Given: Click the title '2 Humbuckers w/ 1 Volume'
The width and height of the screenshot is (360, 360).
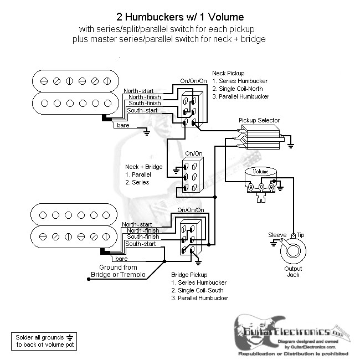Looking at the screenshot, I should coord(179,17).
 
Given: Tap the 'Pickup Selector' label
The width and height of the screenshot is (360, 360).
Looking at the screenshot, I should coord(259,120).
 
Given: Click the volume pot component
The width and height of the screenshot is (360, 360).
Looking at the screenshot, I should coord(261,180).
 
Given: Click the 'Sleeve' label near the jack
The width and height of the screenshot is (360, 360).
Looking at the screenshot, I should coord(277,235).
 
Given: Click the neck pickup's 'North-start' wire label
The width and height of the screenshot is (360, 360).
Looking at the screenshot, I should coord(139,91).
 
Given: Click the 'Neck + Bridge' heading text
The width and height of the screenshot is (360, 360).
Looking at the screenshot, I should coord(143,167).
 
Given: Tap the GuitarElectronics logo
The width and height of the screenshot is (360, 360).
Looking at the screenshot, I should coord(292,334).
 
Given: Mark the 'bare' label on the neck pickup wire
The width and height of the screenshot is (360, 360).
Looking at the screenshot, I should coord(123,126).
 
